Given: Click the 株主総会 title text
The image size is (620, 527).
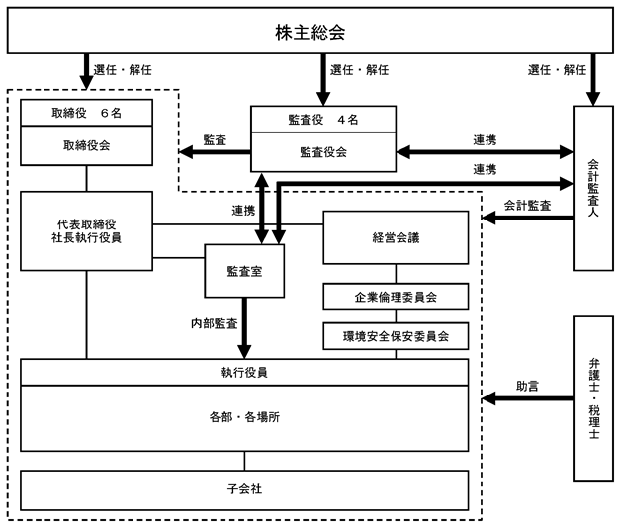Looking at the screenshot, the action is (310, 32).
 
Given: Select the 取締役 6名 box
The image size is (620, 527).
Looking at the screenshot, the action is (87, 113).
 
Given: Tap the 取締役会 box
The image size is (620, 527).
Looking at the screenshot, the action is (87, 145).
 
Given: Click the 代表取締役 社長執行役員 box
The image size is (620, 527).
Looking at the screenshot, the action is (87, 231).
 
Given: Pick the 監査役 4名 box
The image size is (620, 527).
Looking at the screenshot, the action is (323, 119).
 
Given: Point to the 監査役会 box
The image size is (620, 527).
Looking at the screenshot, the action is (323, 152).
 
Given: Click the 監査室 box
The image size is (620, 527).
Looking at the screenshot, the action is (244, 271).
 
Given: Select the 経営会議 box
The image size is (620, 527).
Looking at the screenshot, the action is (396, 237).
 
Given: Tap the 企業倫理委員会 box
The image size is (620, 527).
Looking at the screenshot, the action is (396, 297).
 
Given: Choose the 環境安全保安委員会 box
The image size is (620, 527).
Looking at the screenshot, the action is (396, 336).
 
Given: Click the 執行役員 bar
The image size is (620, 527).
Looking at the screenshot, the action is (244, 372).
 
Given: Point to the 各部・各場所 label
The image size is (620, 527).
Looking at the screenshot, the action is (244, 417).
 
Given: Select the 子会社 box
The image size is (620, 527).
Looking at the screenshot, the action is (244, 489).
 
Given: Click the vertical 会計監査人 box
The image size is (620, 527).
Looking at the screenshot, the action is (593, 188).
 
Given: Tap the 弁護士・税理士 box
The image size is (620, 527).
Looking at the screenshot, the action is (593, 398).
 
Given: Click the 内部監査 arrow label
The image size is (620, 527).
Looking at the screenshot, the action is (215, 323).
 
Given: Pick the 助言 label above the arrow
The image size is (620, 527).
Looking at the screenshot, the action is (527, 386).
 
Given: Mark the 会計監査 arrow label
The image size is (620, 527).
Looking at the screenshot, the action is (527, 206).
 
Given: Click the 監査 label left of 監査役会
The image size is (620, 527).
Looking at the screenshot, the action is (215, 140).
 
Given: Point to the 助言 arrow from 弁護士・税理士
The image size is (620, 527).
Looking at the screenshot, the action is (527, 398).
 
